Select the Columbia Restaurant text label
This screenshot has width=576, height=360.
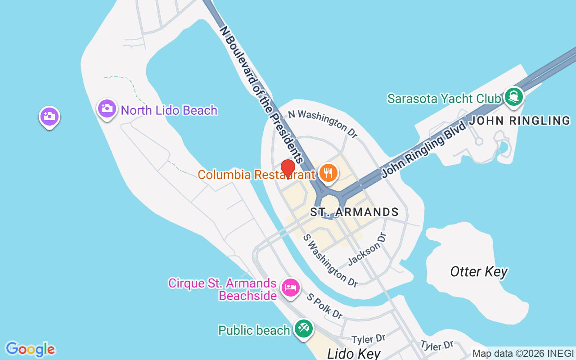(x=256, y=175)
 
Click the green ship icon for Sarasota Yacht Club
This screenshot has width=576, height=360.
(x=513, y=97)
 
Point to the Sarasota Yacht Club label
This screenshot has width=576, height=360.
(x=444, y=98)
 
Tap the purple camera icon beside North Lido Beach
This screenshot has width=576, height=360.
(x=107, y=109)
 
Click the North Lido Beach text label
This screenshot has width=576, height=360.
(x=169, y=110)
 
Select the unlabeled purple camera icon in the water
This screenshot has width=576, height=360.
(x=49, y=117)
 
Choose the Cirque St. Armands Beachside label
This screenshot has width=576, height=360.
(x=222, y=289)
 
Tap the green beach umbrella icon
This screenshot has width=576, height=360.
(x=303, y=329)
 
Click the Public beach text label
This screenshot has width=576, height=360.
(x=254, y=330)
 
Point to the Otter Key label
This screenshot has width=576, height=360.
(x=479, y=272)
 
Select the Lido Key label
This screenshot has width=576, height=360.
(x=354, y=353)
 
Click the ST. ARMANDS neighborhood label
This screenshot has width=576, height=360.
(x=355, y=212)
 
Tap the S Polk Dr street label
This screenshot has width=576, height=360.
(x=325, y=306)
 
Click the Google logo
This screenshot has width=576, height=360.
(x=30, y=349)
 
